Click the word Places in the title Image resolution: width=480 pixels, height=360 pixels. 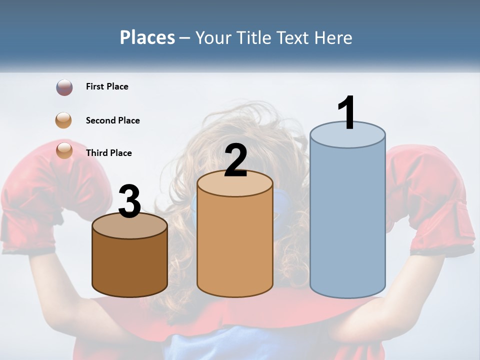pos(147,37)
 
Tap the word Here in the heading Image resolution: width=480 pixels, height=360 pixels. pos(334,37)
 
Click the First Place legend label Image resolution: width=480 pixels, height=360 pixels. pos(107,86)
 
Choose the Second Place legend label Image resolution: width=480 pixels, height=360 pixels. pos(112,120)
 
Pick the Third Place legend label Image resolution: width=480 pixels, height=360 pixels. pos(108,153)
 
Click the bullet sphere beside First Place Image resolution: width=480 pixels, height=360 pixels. pos(64,87)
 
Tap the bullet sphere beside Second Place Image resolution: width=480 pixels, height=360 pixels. pos(64,120)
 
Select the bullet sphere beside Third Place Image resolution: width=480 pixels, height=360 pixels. pos(64,150)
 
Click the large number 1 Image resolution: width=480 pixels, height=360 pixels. pos(346,113)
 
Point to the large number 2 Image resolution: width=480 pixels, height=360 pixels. pos(235,160)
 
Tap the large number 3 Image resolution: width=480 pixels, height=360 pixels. pos(130,202)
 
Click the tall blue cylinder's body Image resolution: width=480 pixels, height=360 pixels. pos(347,220)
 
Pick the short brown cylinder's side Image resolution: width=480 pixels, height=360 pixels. pos(130,265)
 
